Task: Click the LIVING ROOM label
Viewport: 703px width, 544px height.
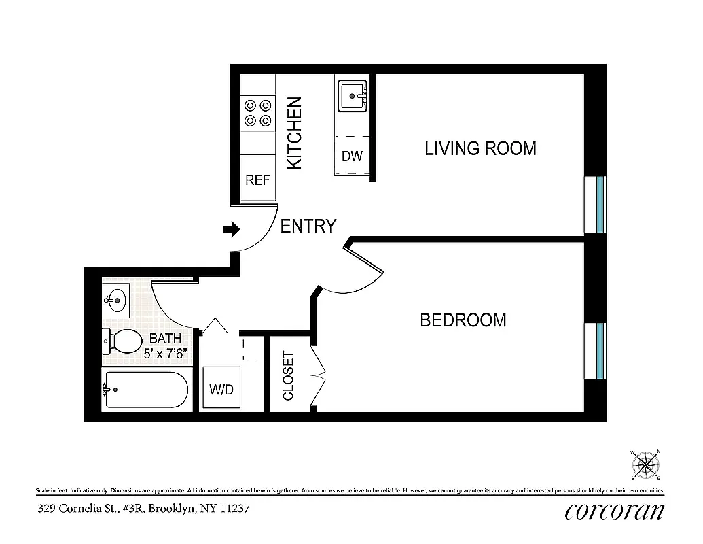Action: tap(480, 148)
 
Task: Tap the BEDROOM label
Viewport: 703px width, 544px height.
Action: tap(463, 320)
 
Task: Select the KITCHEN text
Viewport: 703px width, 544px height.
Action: tap(294, 133)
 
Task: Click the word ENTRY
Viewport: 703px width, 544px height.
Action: tap(308, 226)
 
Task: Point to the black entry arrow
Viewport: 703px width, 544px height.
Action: tap(232, 230)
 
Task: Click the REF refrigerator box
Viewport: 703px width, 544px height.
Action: tap(257, 180)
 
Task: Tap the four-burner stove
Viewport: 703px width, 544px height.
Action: tap(257, 113)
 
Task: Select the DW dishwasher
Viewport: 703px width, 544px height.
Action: tap(352, 156)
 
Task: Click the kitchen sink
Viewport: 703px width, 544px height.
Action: tap(353, 97)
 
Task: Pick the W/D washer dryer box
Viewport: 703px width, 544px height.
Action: tap(221, 390)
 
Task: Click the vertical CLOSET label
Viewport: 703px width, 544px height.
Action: tap(288, 375)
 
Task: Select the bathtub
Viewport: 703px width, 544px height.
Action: tap(144, 390)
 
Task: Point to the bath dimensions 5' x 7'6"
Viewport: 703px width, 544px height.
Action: tap(166, 354)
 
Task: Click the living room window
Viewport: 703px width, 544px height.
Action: tap(599, 204)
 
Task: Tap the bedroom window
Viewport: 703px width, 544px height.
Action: tap(599, 350)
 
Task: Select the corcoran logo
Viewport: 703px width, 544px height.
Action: tap(613, 510)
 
